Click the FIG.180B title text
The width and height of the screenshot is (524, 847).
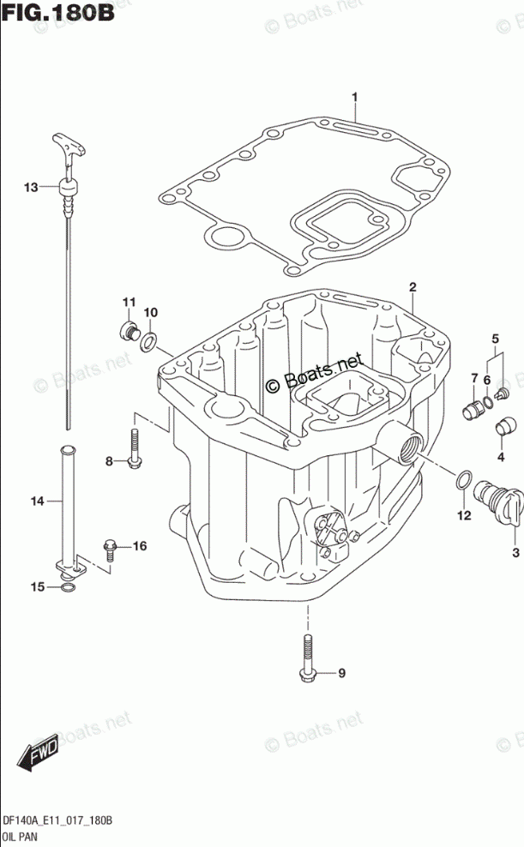[x=57, y=12]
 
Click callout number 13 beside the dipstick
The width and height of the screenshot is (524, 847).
[x=31, y=187]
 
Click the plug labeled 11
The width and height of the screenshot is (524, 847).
[x=129, y=330]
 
